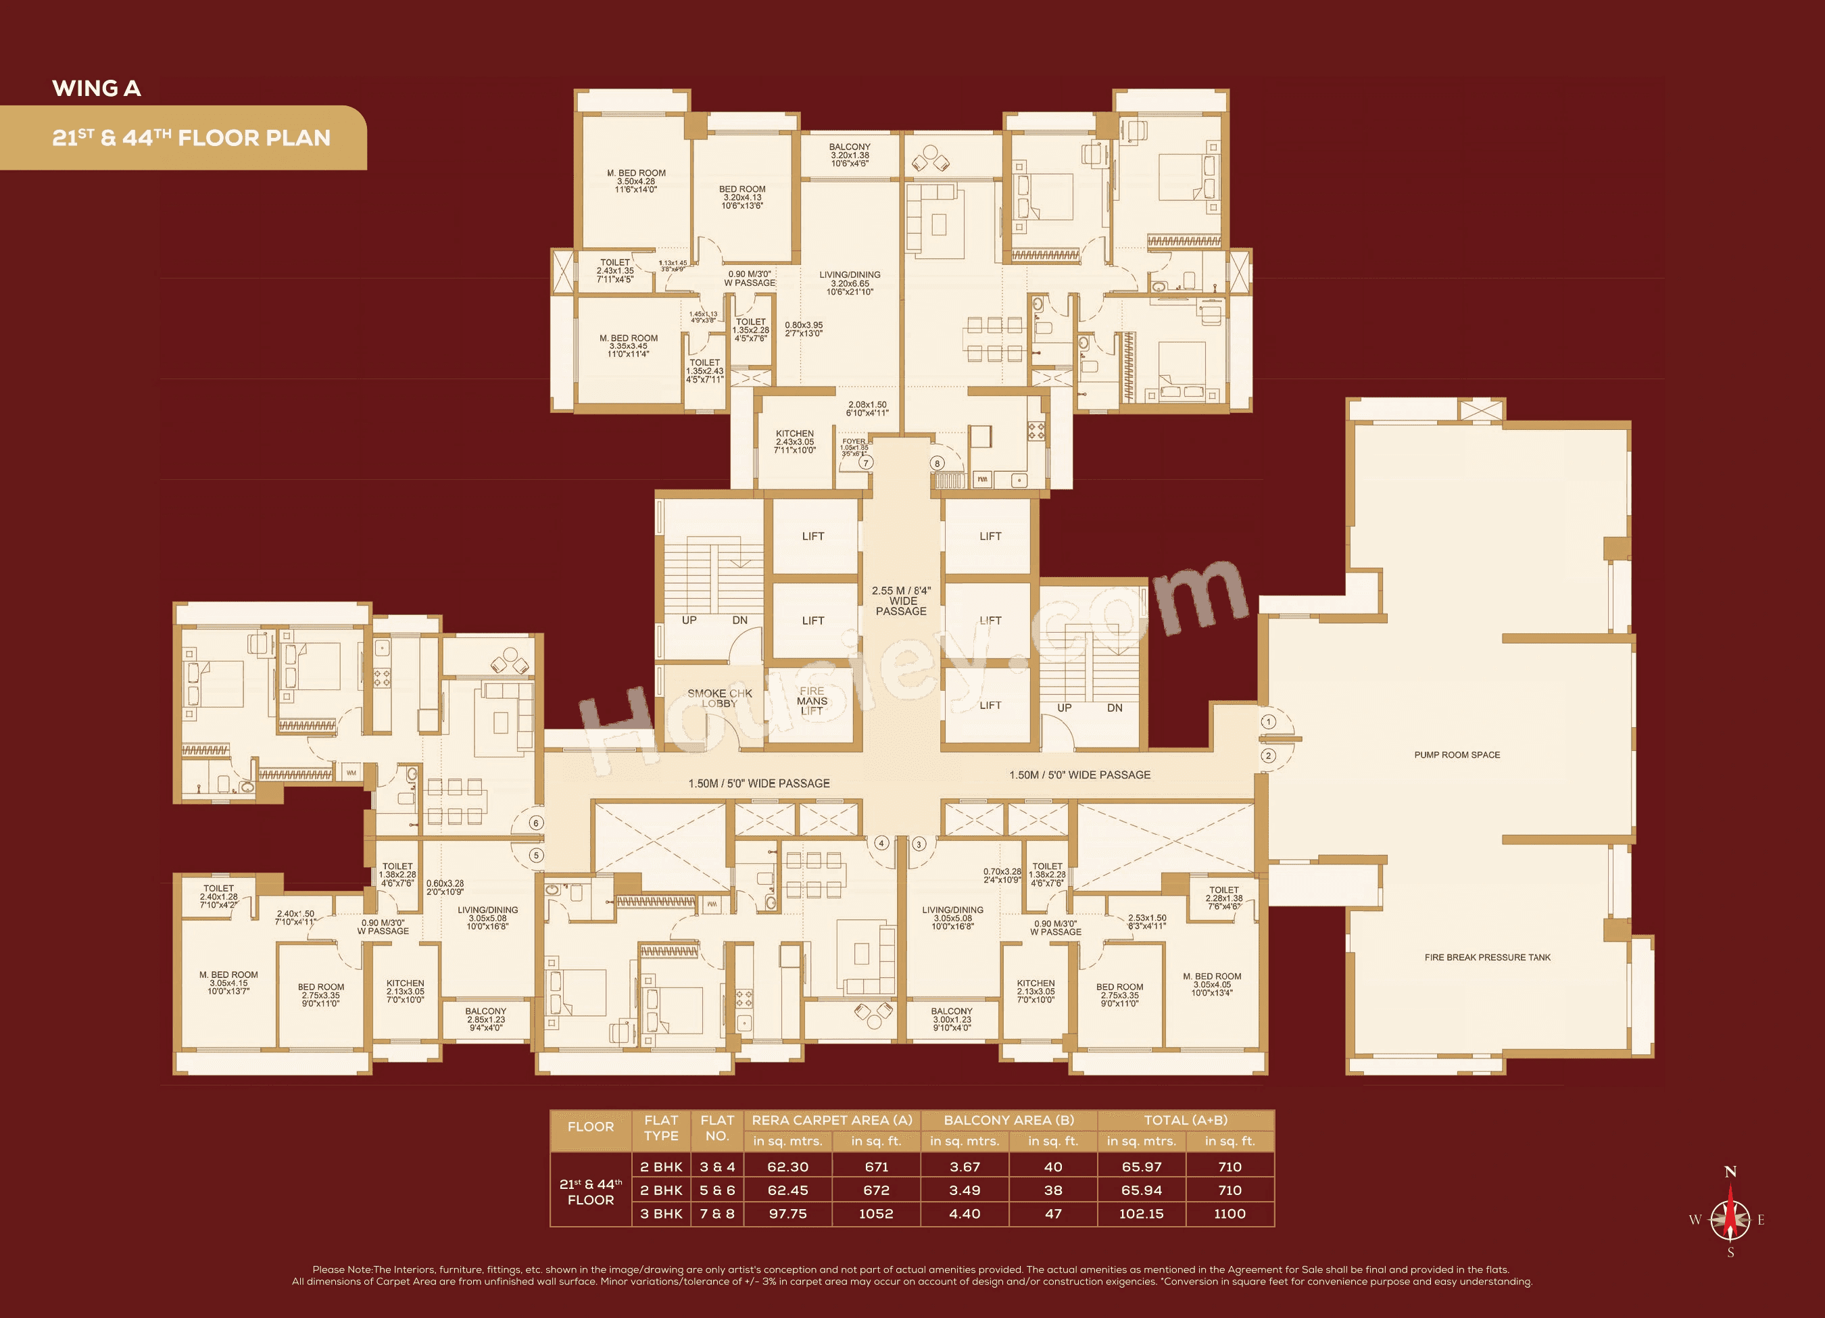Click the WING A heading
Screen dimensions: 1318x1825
tap(97, 89)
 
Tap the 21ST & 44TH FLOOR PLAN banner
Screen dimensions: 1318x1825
tap(191, 138)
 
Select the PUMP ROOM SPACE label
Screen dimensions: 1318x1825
tap(1457, 755)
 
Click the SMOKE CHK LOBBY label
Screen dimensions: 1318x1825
tap(719, 698)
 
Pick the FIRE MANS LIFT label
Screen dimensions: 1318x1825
tap(812, 701)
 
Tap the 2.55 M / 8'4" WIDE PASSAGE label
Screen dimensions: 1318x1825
tap(901, 601)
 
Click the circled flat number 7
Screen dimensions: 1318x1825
tap(865, 463)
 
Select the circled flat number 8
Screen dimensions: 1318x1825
tap(937, 463)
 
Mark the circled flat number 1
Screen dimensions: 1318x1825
tap(1268, 722)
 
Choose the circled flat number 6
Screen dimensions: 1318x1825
tap(537, 823)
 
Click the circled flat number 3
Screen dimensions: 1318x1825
tap(919, 844)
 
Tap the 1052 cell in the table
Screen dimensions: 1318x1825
tap(875, 1213)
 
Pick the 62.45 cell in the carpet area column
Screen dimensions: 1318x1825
tap(787, 1190)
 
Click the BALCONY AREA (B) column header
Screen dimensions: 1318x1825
tap(1008, 1120)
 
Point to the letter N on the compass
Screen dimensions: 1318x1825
tap(1730, 1171)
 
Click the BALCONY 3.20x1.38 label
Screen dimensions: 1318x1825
tap(850, 155)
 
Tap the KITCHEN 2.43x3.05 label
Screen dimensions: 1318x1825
tap(794, 442)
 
